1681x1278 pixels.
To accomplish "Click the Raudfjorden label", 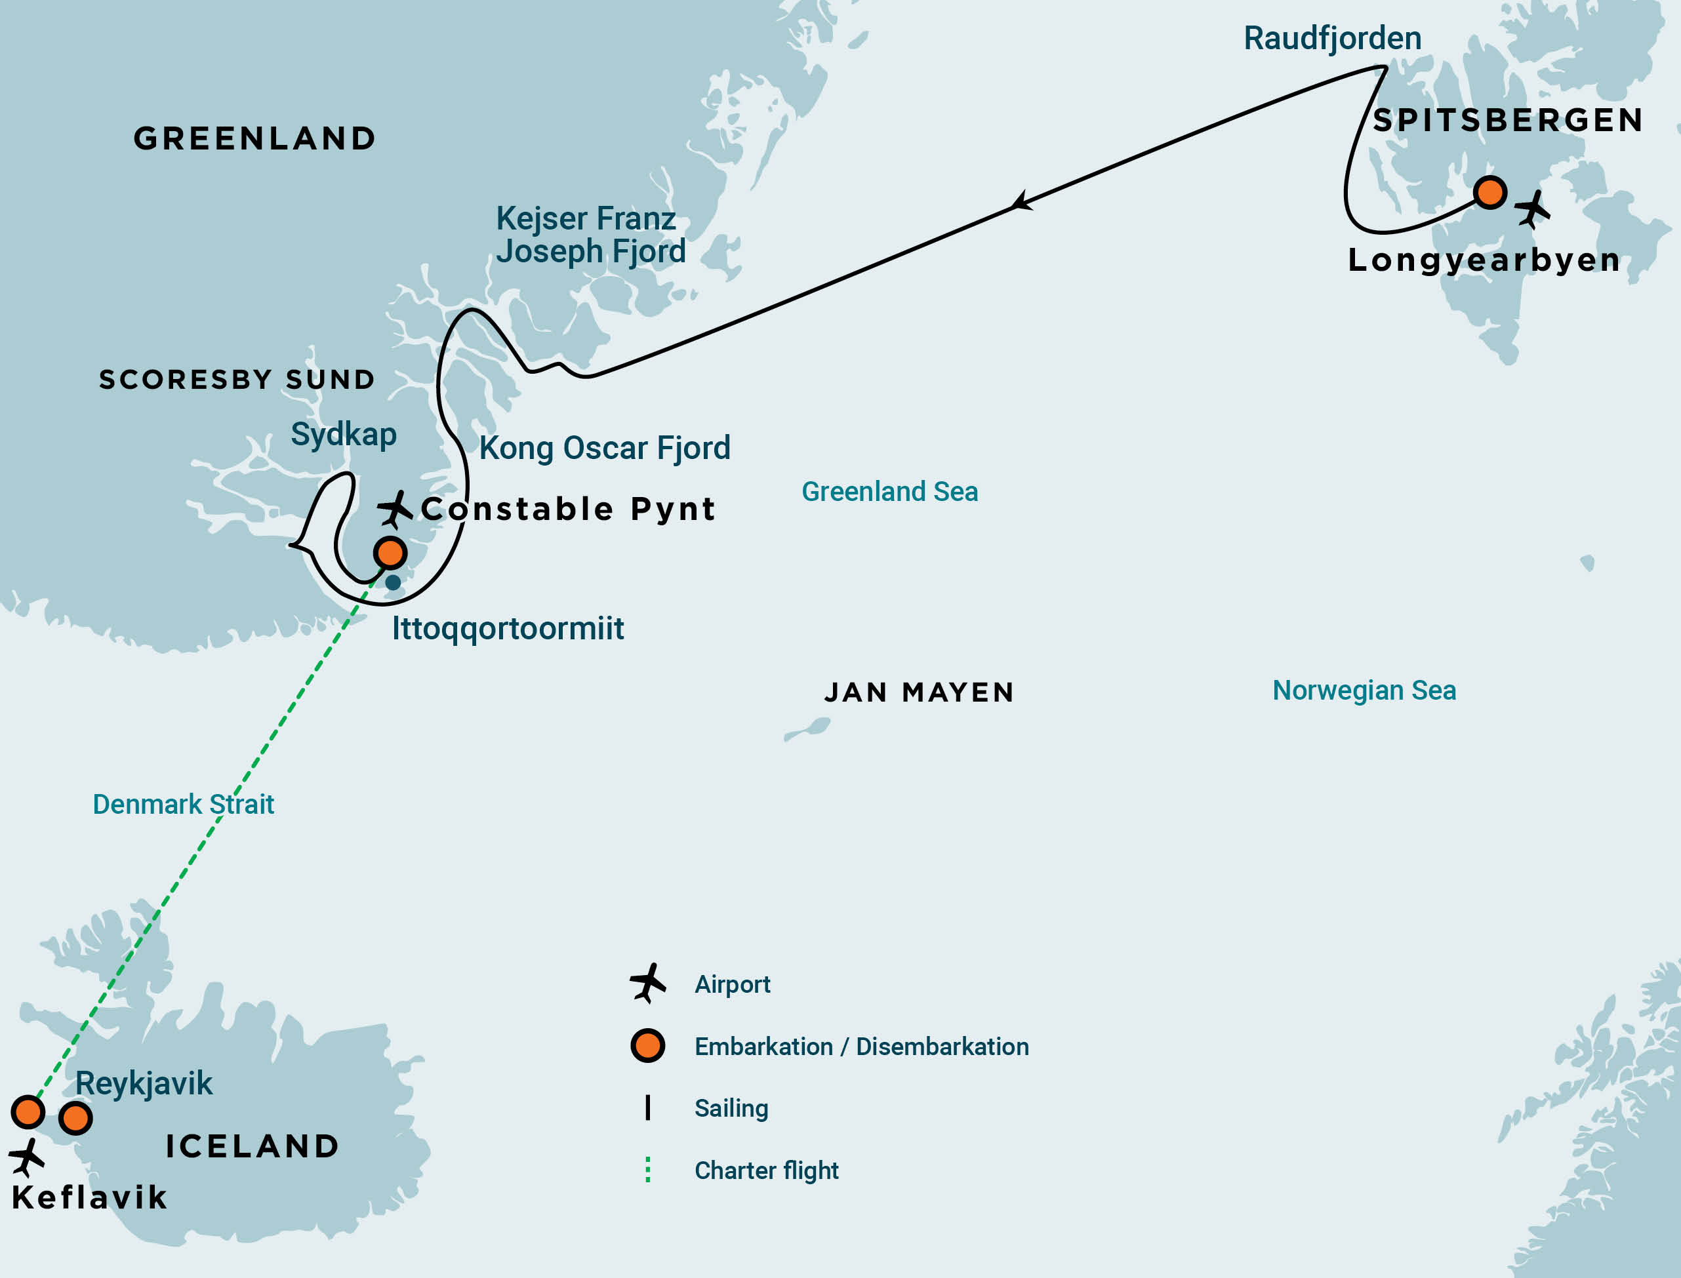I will coord(1331,38).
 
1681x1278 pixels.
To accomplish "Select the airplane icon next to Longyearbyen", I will coord(1532,209).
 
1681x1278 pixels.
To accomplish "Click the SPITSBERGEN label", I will coord(1507,120).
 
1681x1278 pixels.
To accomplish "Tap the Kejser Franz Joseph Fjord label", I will coord(590,234).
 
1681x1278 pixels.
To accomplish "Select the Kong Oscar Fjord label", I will coord(604,448).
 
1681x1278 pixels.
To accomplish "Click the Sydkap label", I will coord(343,434).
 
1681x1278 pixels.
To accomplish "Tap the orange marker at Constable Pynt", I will coord(390,552).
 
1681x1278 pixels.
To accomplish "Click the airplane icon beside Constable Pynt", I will coord(395,509).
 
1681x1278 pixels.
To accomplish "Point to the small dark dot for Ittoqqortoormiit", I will coord(393,583).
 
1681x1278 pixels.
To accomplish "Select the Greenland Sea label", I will coord(889,491).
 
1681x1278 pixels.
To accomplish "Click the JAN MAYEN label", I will coord(918,692).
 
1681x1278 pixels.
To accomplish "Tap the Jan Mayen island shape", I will coord(809,729).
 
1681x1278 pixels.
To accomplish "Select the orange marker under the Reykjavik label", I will coord(75,1118).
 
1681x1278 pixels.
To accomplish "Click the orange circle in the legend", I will coord(647,1046).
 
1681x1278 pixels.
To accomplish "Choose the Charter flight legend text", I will coord(765,1170).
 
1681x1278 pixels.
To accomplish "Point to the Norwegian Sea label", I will coord(1364,690).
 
